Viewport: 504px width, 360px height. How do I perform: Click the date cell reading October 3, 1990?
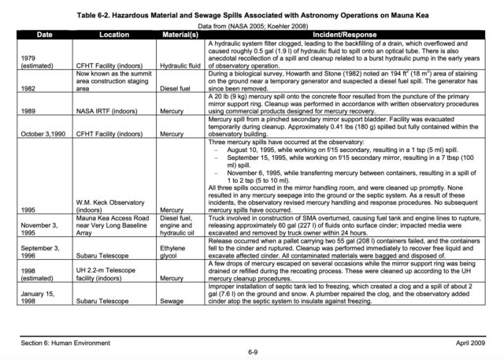[44, 134]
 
